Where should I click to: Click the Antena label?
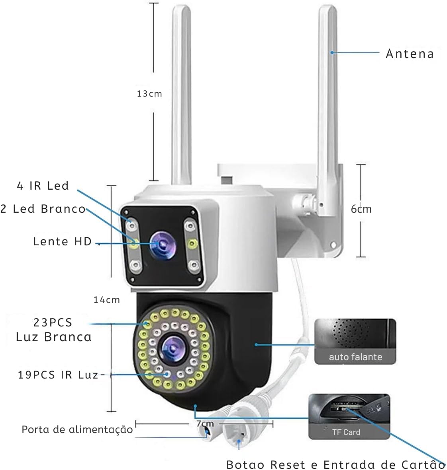coord(410,54)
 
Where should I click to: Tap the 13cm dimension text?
coord(149,94)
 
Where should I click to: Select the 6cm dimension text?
coord(361,209)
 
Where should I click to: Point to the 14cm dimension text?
coord(106,300)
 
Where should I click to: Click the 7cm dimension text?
coord(205,424)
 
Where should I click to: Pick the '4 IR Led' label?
coord(43,186)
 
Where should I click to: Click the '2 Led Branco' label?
coord(43,209)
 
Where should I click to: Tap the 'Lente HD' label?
coord(63,241)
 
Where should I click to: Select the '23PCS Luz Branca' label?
coord(54,330)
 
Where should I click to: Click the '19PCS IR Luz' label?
coord(58,375)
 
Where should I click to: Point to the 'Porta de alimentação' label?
coord(77,429)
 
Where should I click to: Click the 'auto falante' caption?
coord(355,357)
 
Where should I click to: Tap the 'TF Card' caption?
coord(346,432)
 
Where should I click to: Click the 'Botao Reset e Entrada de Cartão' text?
coord(335,464)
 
